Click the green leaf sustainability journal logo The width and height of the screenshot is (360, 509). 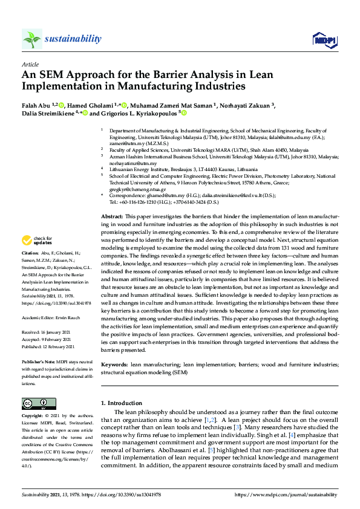tap(31, 39)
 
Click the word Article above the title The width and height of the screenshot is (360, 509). tap(30, 64)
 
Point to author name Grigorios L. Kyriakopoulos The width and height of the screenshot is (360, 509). tap(138, 112)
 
